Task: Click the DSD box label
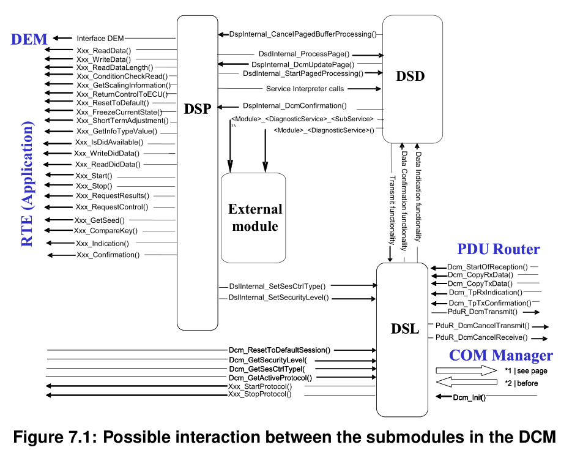pyautogui.click(x=410, y=76)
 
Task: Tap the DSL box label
pyautogui.click(x=405, y=329)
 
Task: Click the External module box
pyautogui.click(x=255, y=217)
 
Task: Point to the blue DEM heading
pyautogui.click(x=29, y=39)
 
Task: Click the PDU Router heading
pyautogui.click(x=499, y=249)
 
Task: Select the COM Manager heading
pyautogui.click(x=500, y=356)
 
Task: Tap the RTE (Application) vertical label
pyautogui.click(x=28, y=184)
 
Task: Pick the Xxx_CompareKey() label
pyautogui.click(x=106, y=231)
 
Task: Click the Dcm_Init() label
pyautogui.click(x=469, y=397)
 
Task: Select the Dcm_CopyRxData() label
pyautogui.click(x=480, y=276)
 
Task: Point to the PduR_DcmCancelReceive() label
pyautogui.click(x=482, y=337)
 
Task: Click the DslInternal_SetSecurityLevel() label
pyautogui.click(x=278, y=298)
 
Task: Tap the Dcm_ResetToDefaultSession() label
pyautogui.click(x=280, y=350)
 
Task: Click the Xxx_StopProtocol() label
pyautogui.click(x=259, y=394)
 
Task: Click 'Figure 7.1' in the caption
pyautogui.click(x=53, y=437)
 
